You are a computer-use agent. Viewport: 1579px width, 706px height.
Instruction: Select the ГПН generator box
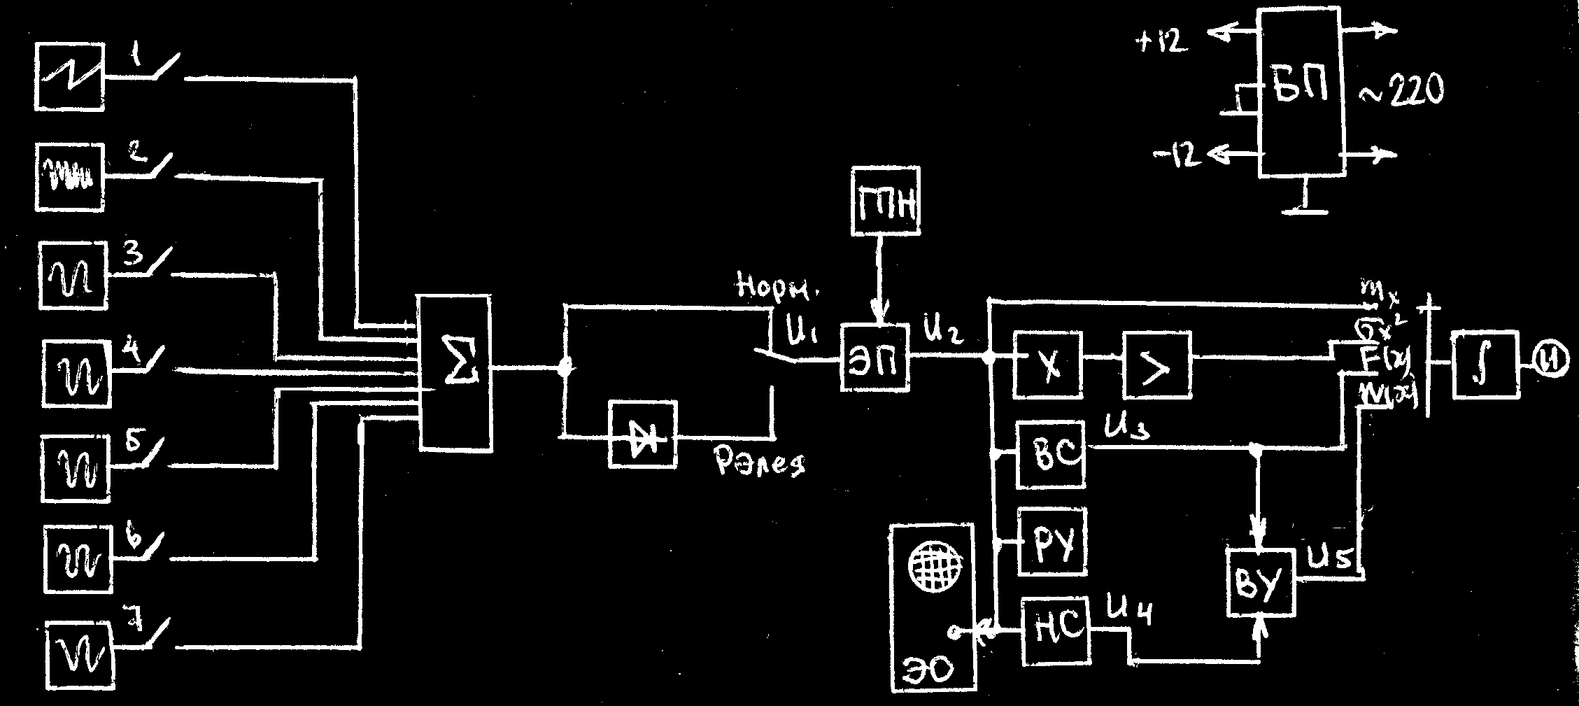click(x=886, y=202)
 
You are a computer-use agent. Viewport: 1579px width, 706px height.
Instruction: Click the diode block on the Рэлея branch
click(x=643, y=434)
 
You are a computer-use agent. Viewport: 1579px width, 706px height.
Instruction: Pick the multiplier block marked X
click(x=1047, y=366)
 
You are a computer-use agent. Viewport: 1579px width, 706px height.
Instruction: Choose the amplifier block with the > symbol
click(x=1157, y=366)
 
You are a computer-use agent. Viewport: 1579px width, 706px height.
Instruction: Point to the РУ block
click(x=1054, y=542)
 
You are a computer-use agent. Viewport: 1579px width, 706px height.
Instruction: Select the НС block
click(x=1056, y=631)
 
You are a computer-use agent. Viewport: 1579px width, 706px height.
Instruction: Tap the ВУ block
click(x=1261, y=582)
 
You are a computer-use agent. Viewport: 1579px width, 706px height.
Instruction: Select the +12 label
click(x=1161, y=43)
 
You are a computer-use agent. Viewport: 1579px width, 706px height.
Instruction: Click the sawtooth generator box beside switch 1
click(x=70, y=76)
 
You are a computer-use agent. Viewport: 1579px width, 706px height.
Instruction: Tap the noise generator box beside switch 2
click(x=70, y=177)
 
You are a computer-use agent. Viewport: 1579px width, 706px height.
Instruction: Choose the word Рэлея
click(x=759, y=461)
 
